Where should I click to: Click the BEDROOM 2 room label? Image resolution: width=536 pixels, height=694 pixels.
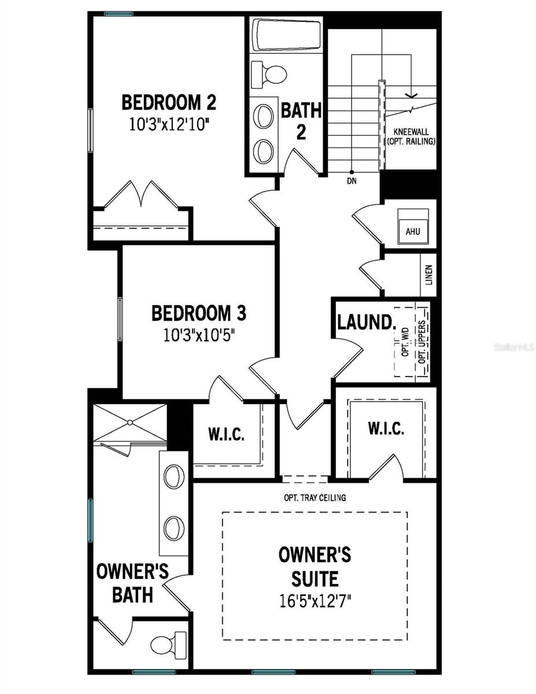point(168,103)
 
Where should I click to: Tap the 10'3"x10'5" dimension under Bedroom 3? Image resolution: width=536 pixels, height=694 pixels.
point(198,335)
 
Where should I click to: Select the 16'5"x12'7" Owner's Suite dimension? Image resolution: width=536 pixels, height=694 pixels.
point(315,601)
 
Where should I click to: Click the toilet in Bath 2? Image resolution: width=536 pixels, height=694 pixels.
point(270,73)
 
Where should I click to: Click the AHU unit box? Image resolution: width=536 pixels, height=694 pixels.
point(412,231)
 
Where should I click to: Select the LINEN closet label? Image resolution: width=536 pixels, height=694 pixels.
point(428,276)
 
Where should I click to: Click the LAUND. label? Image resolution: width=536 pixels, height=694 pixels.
point(365,322)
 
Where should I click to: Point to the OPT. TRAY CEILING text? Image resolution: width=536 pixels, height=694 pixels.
point(315,497)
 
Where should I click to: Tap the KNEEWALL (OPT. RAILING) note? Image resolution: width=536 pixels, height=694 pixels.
point(411,136)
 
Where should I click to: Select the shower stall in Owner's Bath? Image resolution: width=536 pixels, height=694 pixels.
point(130,423)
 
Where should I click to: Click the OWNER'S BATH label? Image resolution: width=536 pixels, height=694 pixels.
point(132,583)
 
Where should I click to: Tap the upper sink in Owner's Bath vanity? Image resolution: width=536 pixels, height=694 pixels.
point(173,477)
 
